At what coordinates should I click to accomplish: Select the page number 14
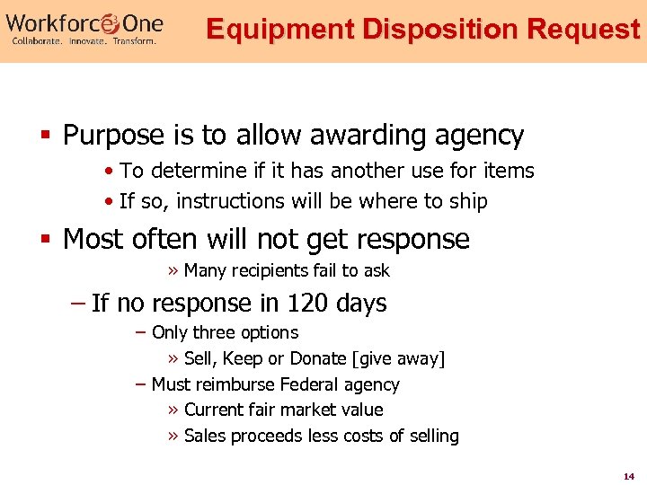point(628,474)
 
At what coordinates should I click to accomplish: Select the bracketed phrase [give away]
point(400,358)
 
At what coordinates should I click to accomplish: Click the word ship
point(468,201)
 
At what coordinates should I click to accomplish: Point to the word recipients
point(272,270)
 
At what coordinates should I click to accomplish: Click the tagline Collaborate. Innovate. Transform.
point(84,41)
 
